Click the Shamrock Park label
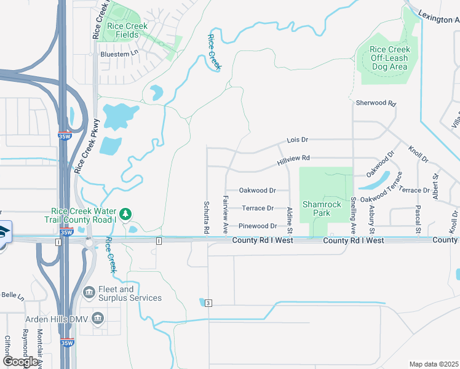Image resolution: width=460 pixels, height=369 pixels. point(317,208)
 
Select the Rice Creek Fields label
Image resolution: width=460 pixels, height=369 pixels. point(127,30)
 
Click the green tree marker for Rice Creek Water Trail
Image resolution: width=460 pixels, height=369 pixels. point(125,213)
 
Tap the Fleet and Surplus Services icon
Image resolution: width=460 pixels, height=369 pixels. point(89,292)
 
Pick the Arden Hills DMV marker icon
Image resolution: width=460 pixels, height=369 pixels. point(97,319)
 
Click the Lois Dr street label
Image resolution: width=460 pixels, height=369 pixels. point(296,140)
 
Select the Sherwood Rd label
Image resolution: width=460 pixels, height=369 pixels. point(375,103)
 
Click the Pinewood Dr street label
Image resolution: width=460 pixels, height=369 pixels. point(257,226)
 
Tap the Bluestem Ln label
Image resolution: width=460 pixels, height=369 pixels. point(119,55)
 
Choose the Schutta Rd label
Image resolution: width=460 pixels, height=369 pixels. point(207,216)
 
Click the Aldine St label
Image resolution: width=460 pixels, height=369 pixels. point(290,220)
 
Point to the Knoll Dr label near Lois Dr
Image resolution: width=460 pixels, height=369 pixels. point(418,154)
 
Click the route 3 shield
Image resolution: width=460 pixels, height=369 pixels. point(208,303)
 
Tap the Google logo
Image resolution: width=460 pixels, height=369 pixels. point(20,362)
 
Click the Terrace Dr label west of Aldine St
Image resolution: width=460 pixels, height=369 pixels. point(258,208)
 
